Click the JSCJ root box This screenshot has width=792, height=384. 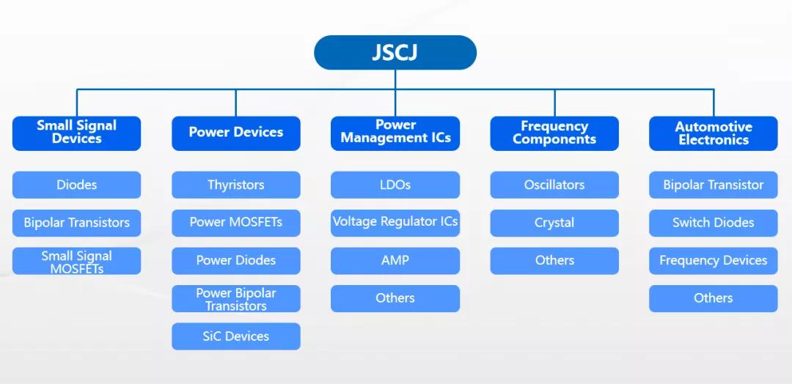(395, 53)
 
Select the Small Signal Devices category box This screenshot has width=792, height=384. (76, 133)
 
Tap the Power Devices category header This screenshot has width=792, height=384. (235, 133)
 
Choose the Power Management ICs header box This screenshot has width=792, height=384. (395, 133)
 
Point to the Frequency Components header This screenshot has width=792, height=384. (554, 133)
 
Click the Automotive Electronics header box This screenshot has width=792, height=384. (714, 133)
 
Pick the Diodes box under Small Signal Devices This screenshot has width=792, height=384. (76, 185)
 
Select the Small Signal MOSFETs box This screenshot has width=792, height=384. (76, 262)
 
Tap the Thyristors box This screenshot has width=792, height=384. (235, 185)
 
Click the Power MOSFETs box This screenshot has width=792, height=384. (235, 222)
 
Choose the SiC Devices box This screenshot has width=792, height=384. (235, 336)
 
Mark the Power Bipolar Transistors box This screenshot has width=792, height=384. (235, 299)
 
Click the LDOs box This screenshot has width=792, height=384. (395, 185)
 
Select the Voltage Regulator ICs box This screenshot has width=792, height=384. (395, 222)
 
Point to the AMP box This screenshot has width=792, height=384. (395, 260)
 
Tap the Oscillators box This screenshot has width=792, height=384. (554, 185)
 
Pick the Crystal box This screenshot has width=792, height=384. (554, 223)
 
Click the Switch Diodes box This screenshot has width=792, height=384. (714, 223)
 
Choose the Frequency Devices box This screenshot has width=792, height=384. (714, 260)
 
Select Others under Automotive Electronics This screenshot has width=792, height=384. (714, 298)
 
